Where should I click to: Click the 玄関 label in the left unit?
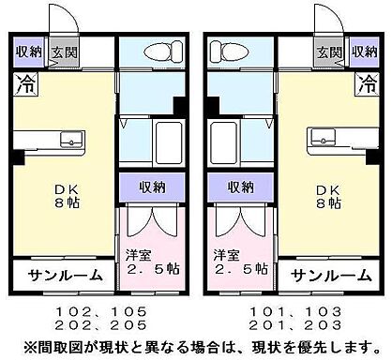[x=64, y=52]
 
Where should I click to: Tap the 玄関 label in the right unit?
[x=328, y=52]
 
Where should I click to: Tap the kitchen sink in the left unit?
[x=72, y=141]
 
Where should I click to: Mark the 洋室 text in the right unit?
[x=226, y=254]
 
